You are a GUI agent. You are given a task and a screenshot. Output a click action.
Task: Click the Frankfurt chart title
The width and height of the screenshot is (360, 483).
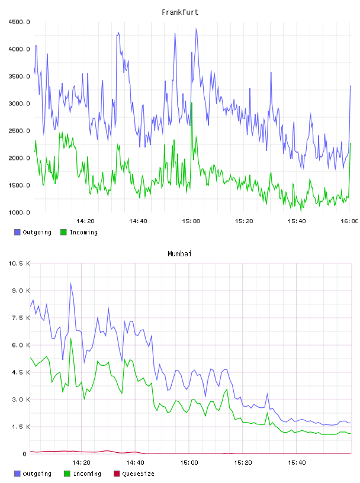point(180,12)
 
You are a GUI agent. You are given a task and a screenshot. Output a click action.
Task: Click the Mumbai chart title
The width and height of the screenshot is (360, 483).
point(179,254)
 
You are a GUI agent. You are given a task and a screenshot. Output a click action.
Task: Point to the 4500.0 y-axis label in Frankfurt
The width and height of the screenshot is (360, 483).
point(19,22)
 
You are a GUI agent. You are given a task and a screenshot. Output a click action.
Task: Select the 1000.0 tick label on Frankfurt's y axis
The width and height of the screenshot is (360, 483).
point(19,212)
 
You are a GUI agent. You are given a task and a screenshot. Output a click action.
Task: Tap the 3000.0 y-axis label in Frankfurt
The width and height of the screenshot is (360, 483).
point(19,104)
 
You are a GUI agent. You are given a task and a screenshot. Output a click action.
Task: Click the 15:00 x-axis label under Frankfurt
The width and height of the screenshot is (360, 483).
point(191,221)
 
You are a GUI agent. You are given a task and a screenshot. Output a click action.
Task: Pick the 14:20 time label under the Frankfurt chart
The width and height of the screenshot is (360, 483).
point(85,221)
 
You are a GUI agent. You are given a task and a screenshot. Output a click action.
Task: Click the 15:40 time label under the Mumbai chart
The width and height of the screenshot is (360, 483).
point(297,463)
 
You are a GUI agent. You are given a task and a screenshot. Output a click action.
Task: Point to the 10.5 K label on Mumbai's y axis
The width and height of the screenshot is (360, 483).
point(19,263)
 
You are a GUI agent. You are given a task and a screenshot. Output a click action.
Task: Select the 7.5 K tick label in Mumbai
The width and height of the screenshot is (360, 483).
point(21,318)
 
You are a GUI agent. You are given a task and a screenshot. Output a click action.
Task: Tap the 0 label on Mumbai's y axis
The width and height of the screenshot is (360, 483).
point(25,454)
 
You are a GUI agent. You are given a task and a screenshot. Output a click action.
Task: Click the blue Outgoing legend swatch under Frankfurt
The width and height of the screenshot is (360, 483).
point(17,232)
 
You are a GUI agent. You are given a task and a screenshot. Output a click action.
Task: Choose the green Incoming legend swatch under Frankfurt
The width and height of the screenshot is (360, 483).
point(63,232)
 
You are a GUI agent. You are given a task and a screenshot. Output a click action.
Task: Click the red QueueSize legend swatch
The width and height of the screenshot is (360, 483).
point(117,474)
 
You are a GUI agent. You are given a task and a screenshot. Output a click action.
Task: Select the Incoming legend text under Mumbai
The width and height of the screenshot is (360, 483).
point(87,474)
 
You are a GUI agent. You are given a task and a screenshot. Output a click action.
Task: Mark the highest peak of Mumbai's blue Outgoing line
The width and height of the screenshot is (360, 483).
point(70,283)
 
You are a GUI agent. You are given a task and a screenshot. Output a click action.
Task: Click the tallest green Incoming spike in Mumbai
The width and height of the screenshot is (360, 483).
point(70,338)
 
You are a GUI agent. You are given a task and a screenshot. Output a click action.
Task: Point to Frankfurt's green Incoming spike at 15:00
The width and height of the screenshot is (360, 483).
point(192,102)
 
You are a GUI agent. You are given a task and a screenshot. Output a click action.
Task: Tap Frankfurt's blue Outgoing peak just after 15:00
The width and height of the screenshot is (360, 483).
point(197,28)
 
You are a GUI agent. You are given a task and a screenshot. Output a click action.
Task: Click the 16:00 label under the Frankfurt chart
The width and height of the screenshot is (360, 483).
point(349,221)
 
